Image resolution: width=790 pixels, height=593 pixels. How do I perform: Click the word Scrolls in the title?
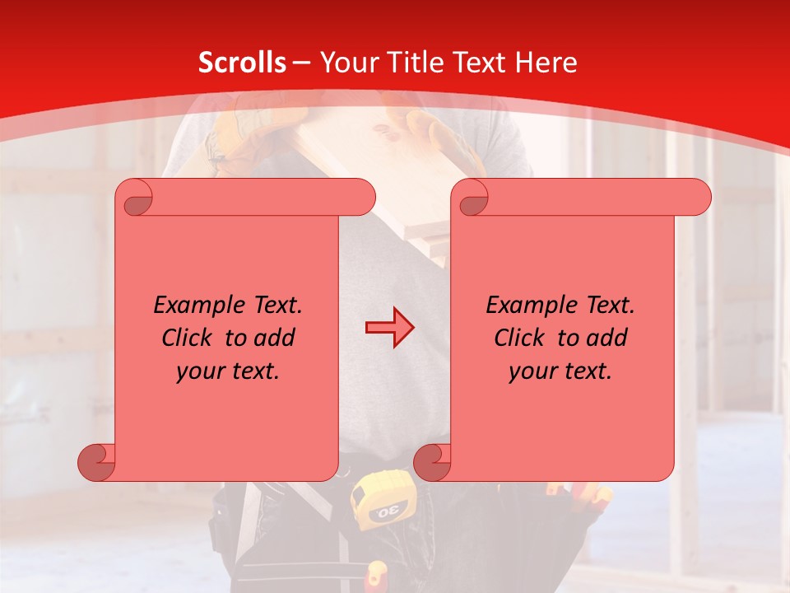242,63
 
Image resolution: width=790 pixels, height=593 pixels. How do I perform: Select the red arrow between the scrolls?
389,327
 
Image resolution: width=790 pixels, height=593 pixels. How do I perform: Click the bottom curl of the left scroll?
97,462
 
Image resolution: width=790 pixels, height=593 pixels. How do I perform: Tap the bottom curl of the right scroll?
433,462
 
